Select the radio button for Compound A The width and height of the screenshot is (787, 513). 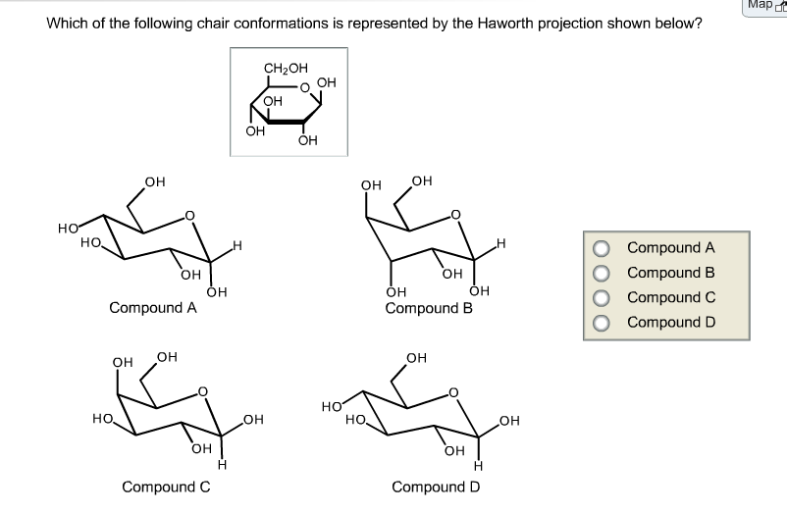600,248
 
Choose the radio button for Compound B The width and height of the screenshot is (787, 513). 600,273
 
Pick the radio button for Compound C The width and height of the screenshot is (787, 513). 600,297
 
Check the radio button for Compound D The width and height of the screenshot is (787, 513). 600,322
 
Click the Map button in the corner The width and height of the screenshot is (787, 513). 764,6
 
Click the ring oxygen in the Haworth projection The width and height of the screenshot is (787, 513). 305,88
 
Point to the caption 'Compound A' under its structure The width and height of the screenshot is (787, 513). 153,308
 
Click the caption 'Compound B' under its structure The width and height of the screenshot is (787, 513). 429,308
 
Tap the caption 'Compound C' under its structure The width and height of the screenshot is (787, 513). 166,487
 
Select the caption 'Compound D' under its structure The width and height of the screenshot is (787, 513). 436,487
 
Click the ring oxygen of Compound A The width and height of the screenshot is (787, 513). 190,216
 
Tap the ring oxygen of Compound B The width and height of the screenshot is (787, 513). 453,215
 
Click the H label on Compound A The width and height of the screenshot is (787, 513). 236,245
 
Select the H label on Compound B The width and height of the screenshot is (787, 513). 500,242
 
